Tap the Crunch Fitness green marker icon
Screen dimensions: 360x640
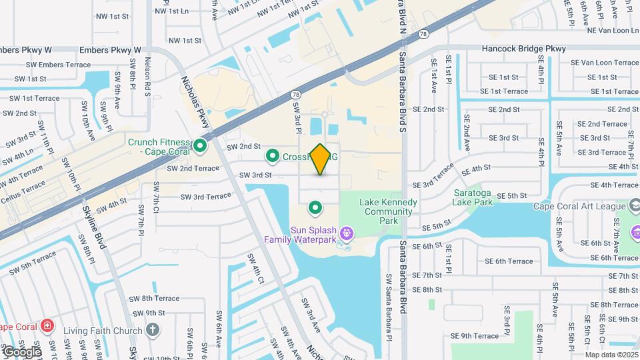click(x=199, y=145)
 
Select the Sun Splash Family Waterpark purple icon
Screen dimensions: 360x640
click(x=346, y=233)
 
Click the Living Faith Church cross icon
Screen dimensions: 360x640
click(x=153, y=330)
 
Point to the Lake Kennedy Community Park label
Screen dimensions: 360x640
click(x=388, y=211)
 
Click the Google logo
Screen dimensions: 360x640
click(x=21, y=351)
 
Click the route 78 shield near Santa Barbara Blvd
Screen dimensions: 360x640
click(x=424, y=33)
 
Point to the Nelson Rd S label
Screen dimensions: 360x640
click(x=148, y=78)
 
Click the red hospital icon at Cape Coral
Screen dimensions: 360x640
click(x=47, y=327)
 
